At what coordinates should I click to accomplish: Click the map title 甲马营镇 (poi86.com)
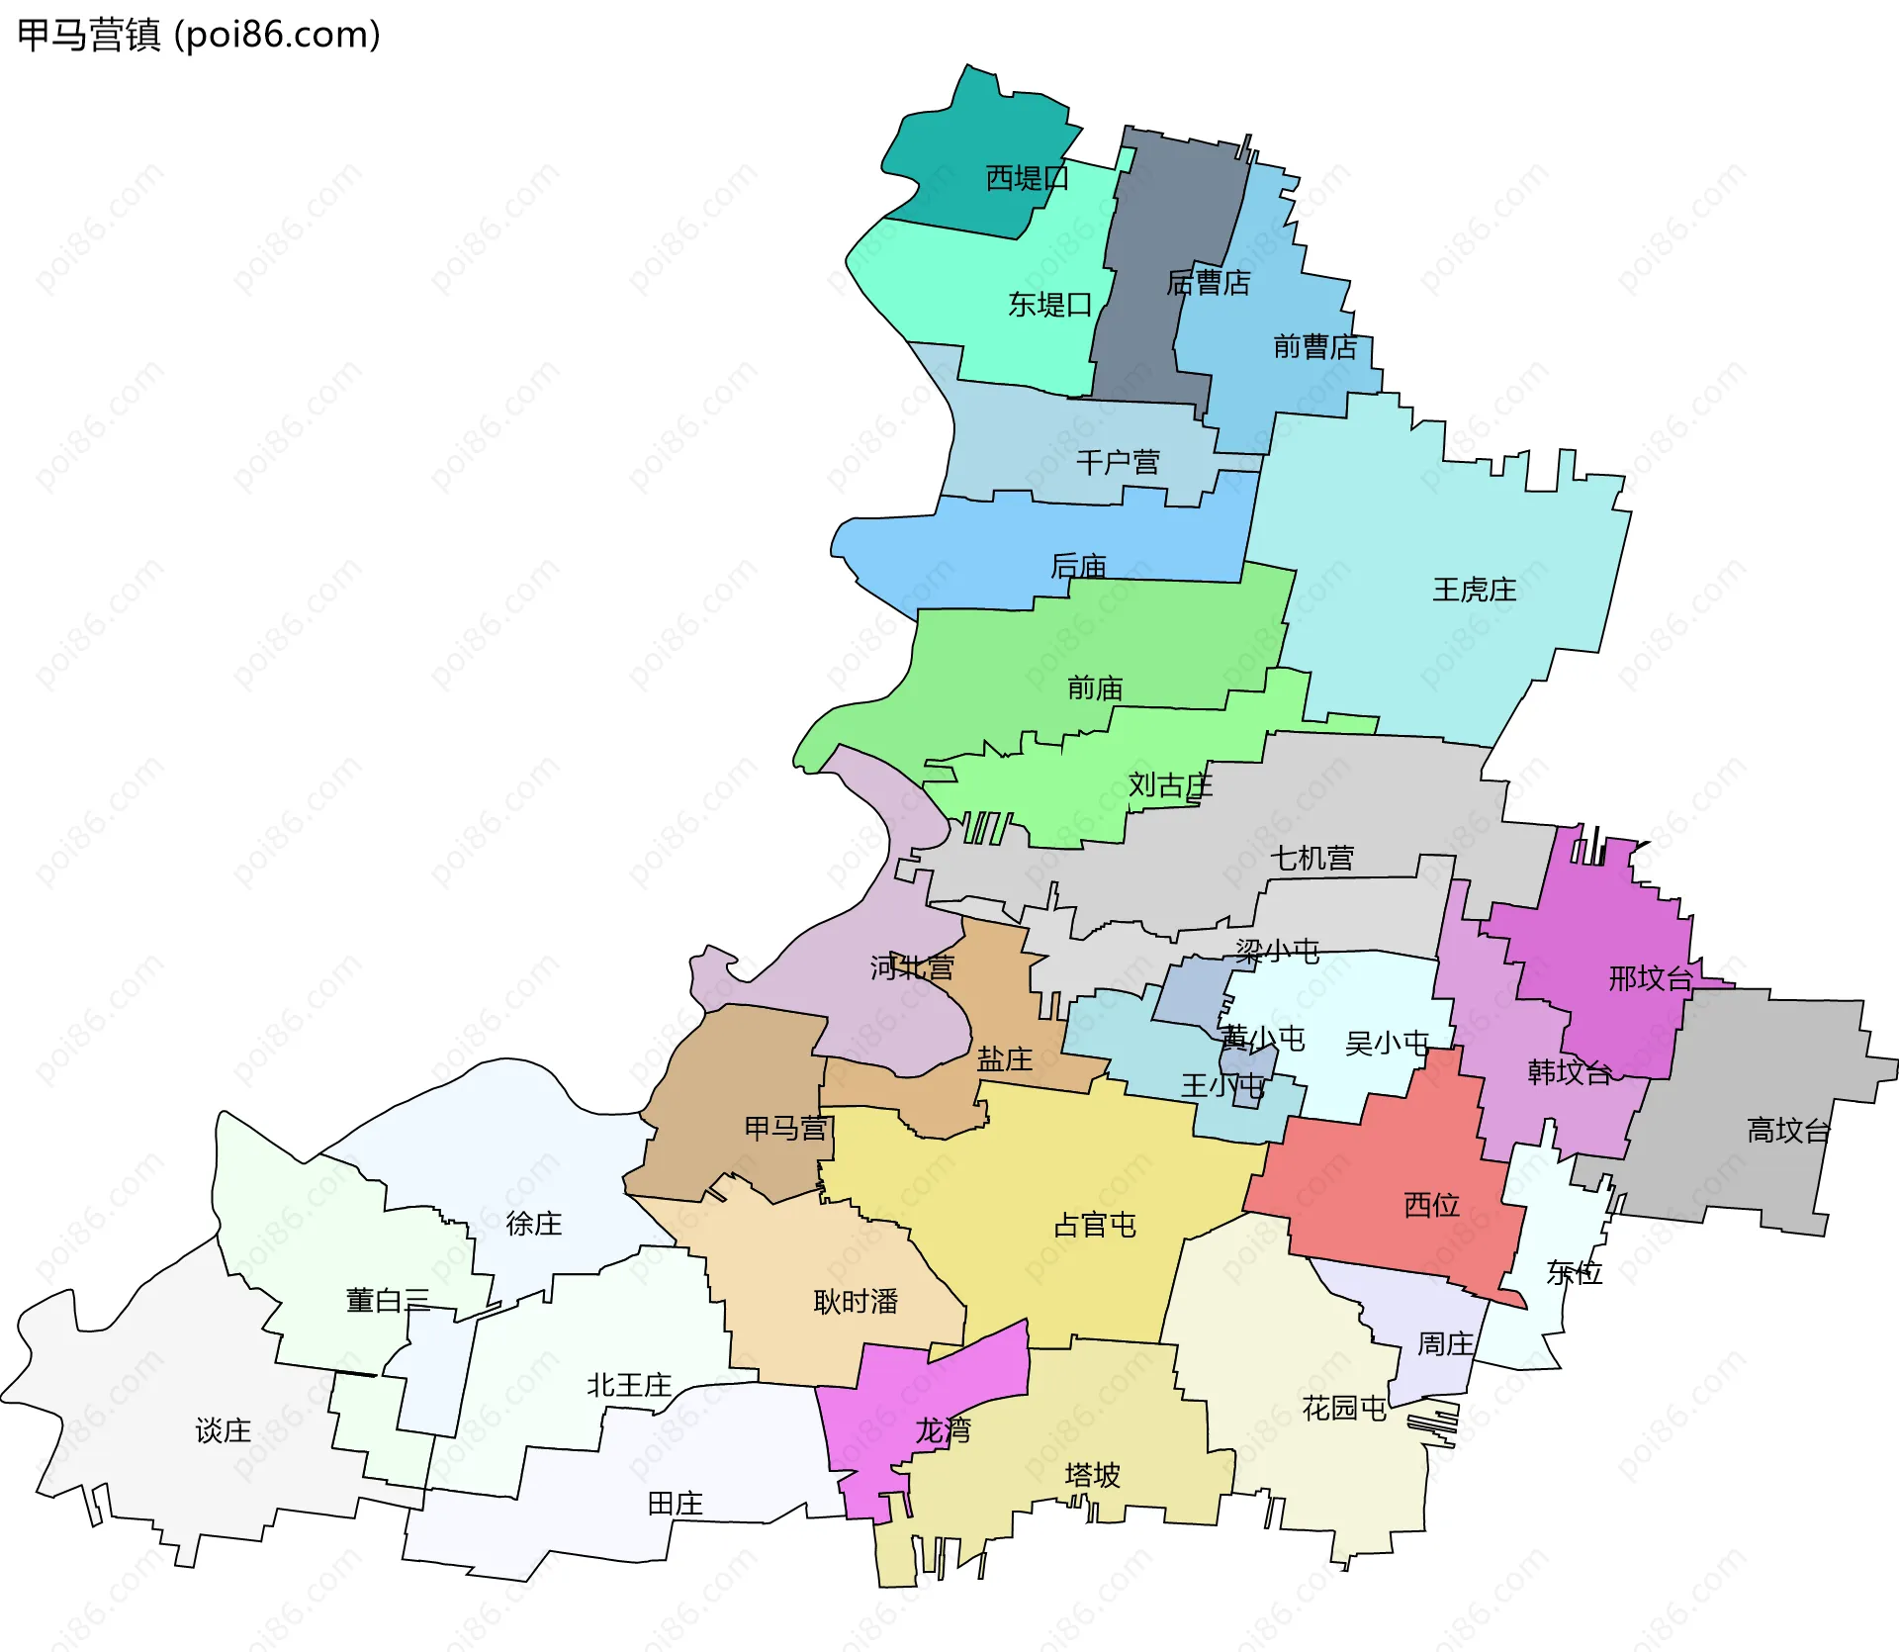[198, 36]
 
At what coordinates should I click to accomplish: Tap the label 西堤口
[1027, 178]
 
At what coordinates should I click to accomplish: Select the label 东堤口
[1049, 305]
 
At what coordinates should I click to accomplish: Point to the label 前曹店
[1314, 347]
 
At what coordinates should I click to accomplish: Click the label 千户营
[1118, 462]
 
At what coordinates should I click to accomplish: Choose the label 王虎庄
[1474, 591]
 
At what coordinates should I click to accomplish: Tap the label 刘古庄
[1170, 785]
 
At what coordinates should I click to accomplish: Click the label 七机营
[1311, 858]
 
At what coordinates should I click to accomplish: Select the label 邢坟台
[1650, 978]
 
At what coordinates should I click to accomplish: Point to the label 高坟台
[1788, 1130]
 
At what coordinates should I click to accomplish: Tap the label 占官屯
[1094, 1226]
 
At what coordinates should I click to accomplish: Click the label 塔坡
[1092, 1476]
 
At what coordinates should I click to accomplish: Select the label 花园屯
[1343, 1408]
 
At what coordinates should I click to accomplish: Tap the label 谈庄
[223, 1430]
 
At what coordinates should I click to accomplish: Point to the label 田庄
[675, 1504]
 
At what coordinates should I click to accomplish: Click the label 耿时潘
[856, 1302]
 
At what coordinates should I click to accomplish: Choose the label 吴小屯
[1387, 1044]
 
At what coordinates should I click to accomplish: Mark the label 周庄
[1445, 1344]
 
